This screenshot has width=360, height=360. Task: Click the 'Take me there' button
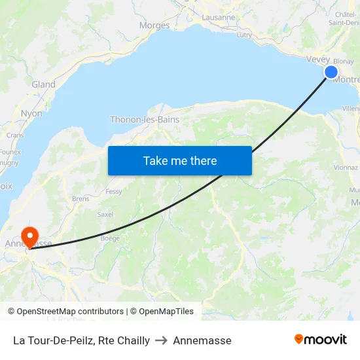[180, 161]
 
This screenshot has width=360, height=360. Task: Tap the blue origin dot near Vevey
[331, 72]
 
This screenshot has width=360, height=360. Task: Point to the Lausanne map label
[219, 18]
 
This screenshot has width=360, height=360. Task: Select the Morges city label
[154, 26]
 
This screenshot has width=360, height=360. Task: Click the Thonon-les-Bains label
[144, 120]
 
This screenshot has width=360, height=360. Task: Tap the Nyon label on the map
[31, 113]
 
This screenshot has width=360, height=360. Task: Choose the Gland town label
[43, 84]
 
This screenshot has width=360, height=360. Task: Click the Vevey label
[318, 60]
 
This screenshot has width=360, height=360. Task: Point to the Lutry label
[244, 35]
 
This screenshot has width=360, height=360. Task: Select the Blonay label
[344, 61]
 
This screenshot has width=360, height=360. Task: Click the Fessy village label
[114, 192]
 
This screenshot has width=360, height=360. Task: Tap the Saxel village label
[105, 214]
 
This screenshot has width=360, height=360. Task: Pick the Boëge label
[110, 238]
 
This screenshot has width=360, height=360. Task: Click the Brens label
[81, 198]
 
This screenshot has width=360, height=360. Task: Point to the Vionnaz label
[346, 167]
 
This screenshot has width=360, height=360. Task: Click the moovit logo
[321, 340]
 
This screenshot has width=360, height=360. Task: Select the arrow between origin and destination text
[161, 340]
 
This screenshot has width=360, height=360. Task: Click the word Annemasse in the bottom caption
[202, 340]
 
